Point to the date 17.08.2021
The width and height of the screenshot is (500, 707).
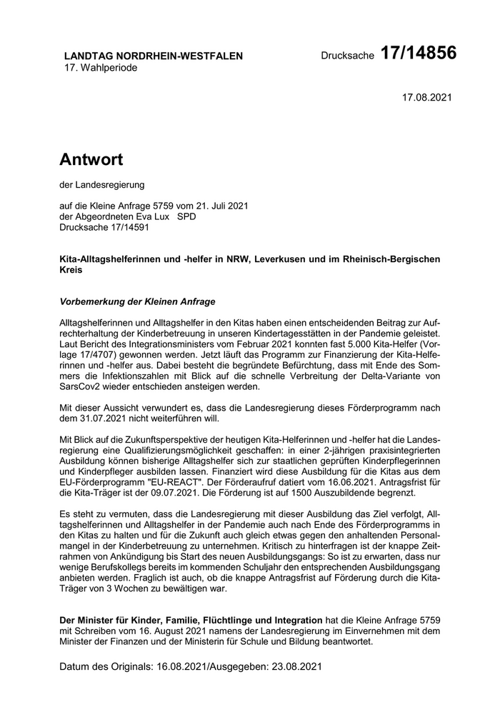pyautogui.click(x=427, y=97)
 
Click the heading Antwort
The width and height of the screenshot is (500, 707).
pyautogui.click(x=91, y=159)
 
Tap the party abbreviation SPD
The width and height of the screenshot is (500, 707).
pyautogui.click(x=186, y=216)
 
